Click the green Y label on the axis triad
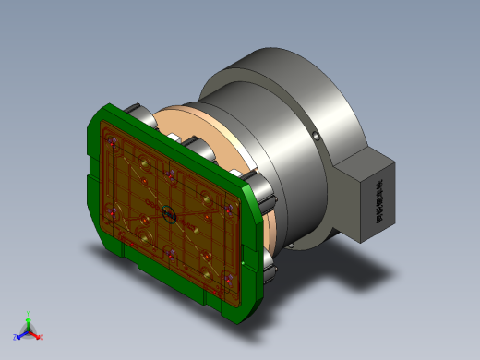pos(29,314)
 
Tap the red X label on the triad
pos(42,337)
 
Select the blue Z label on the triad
pos(16,338)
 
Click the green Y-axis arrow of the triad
pos(29,322)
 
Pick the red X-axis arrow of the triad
pos(35,334)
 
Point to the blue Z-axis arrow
pos(22,334)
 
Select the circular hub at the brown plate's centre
pos(168,214)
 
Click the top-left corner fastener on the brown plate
pos(112,141)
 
